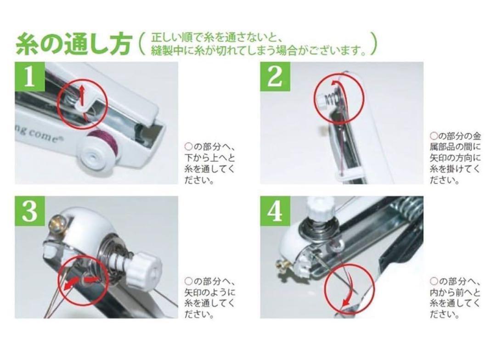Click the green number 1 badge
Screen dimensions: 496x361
click(x=30, y=77)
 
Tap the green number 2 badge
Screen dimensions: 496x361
click(x=275, y=77)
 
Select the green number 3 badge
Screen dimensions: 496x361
click(x=30, y=211)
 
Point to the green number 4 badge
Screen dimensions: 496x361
click(x=275, y=211)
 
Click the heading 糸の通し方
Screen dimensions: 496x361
click(x=73, y=44)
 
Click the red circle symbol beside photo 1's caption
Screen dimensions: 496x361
click(x=188, y=147)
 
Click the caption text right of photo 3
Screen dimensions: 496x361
click(x=209, y=298)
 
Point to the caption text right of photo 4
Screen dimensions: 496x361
click(x=455, y=298)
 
